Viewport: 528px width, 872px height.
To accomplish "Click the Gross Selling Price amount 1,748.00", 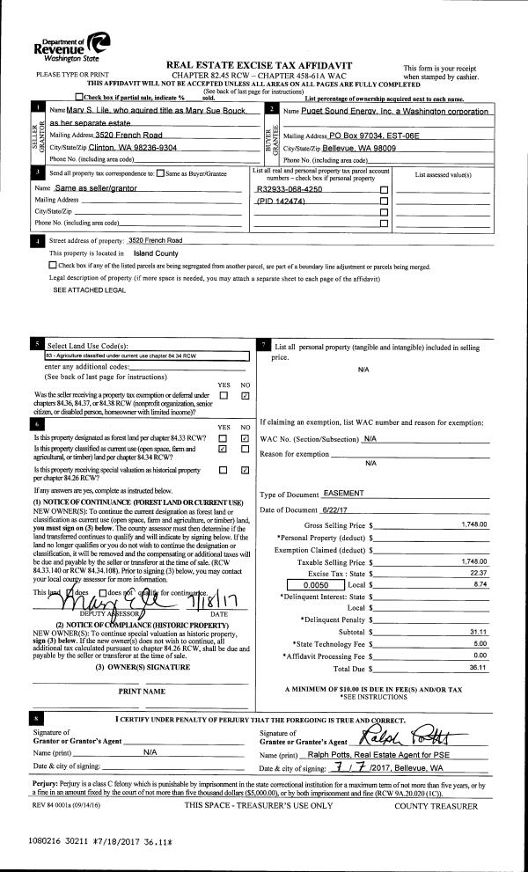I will pos(473,524).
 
